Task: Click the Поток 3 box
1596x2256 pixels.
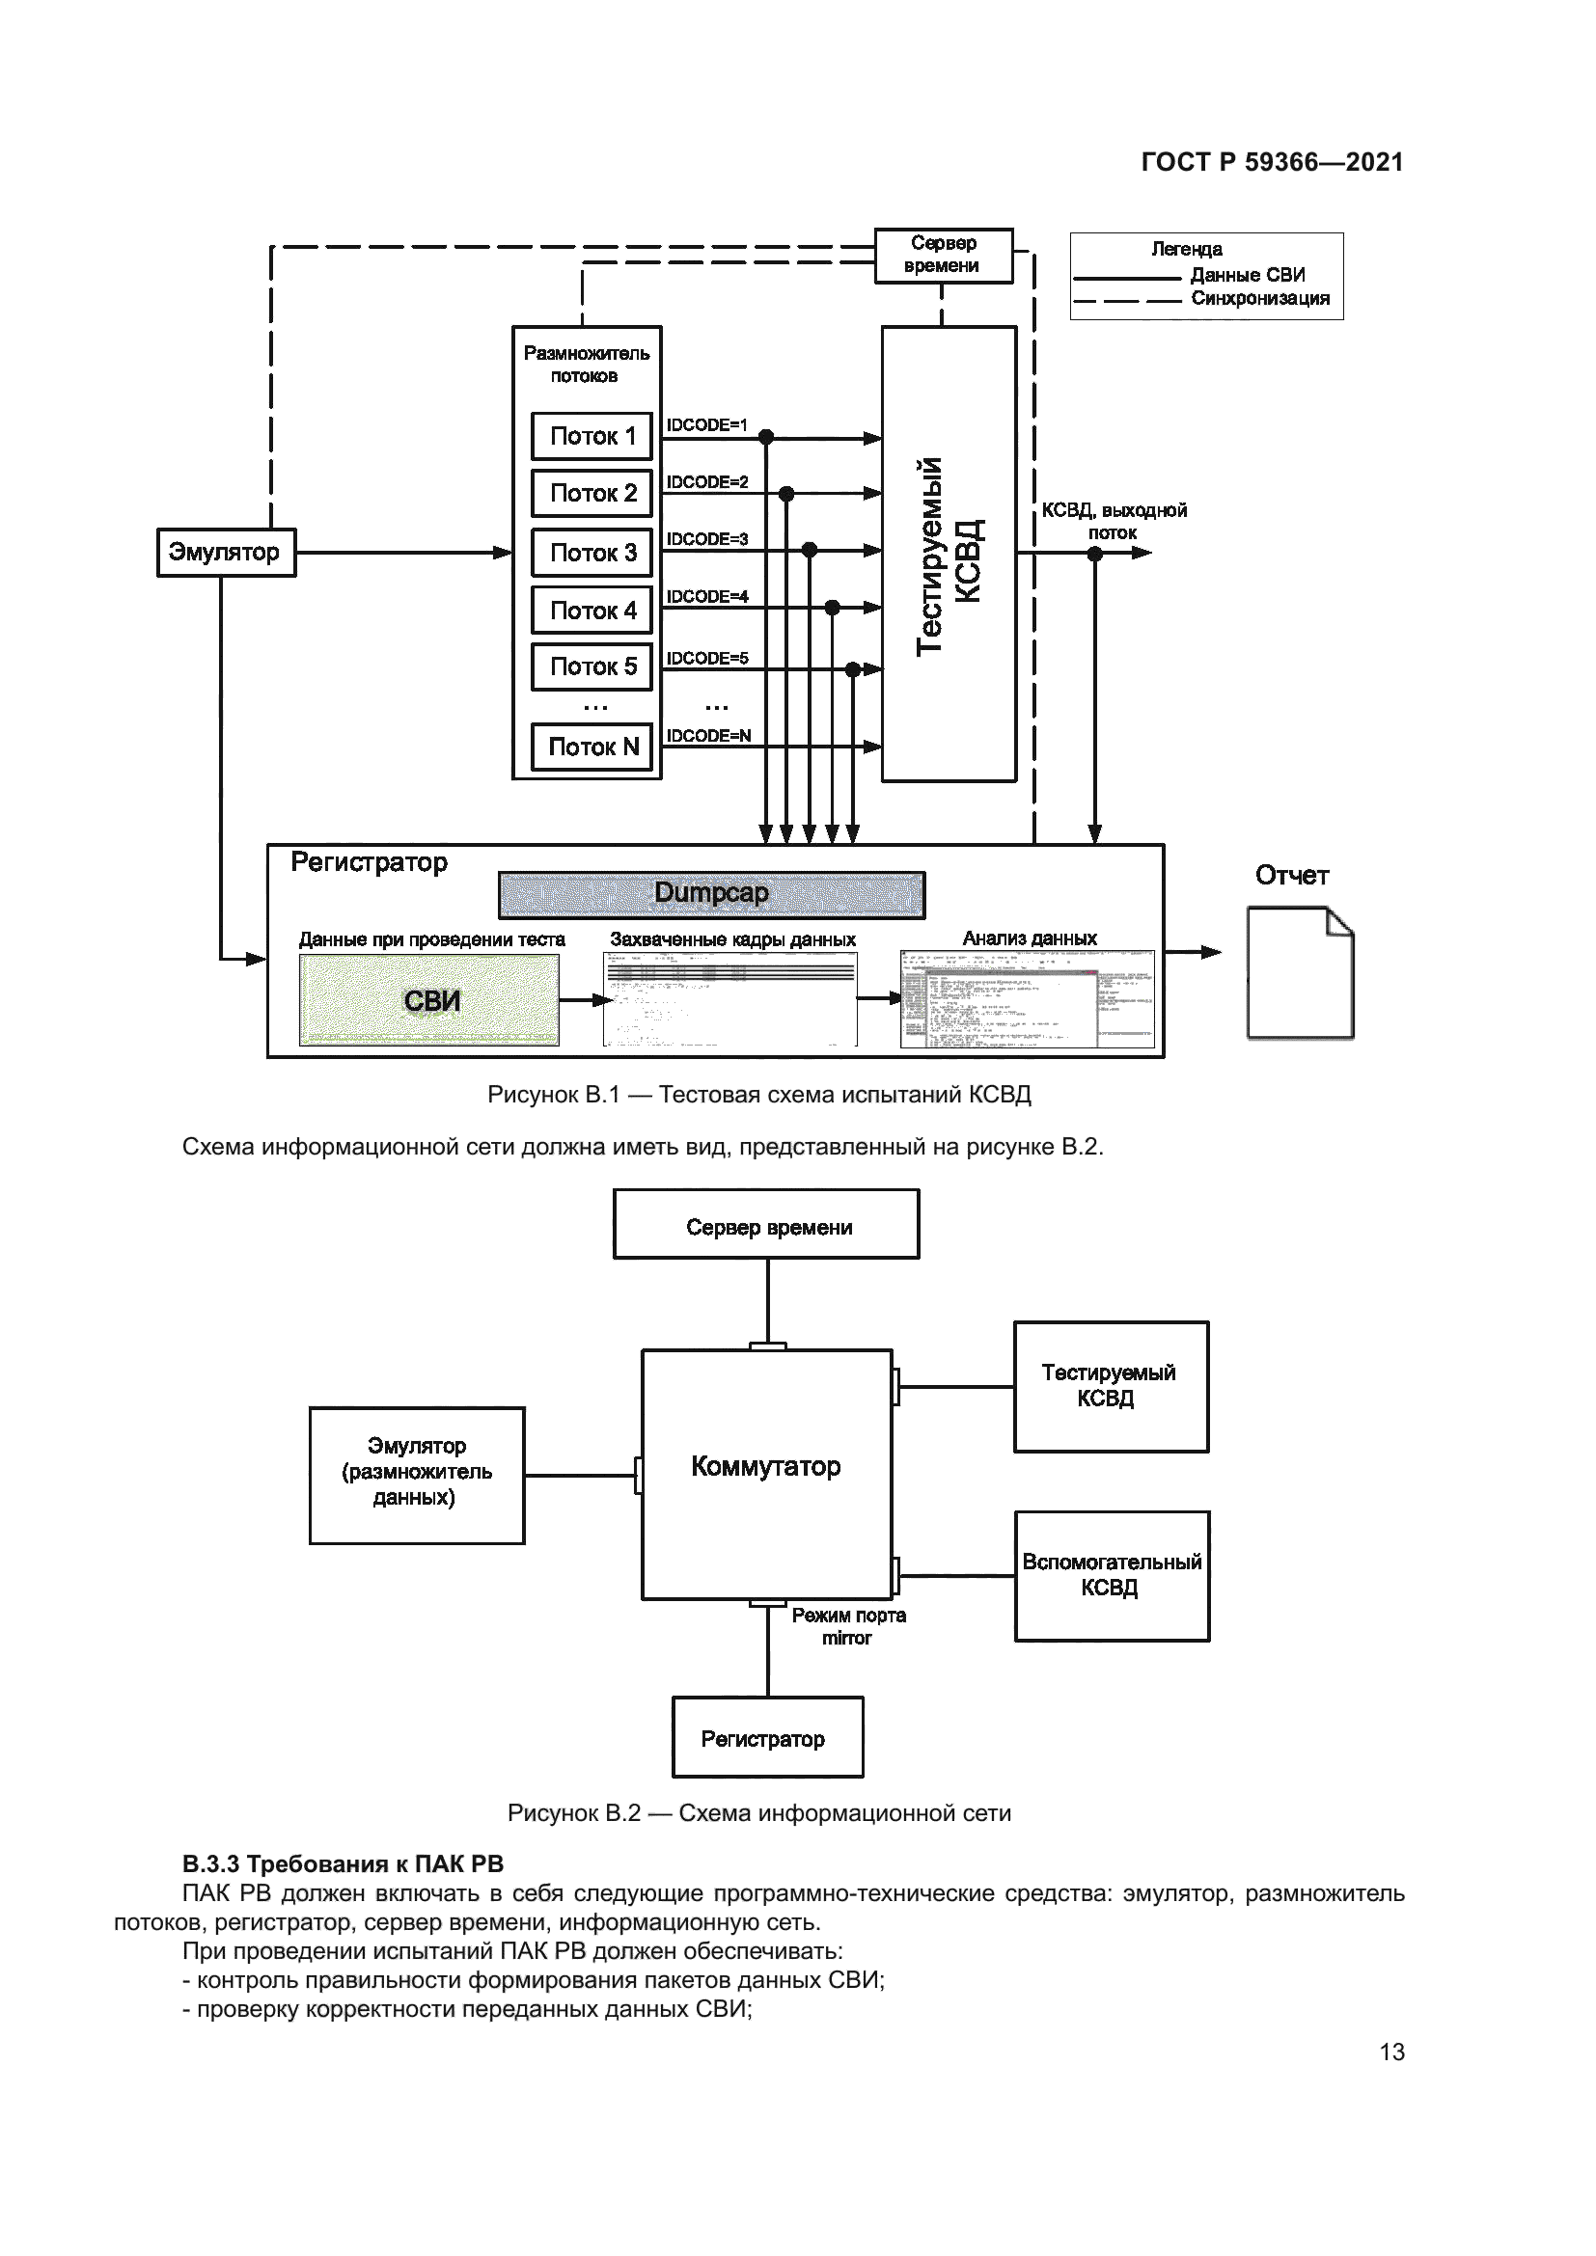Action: point(592,553)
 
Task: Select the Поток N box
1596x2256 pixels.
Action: point(592,747)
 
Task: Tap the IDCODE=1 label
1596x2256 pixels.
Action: point(706,424)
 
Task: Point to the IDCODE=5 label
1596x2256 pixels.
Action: point(706,658)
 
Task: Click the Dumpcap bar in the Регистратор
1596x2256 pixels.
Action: point(711,894)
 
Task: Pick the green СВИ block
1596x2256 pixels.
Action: point(429,1000)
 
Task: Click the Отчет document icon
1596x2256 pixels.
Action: point(1299,973)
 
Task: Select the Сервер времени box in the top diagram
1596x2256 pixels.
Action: point(944,255)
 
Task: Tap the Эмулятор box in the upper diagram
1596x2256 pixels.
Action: point(226,553)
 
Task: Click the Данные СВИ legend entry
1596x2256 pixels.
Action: point(1246,275)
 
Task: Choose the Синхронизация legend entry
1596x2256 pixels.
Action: point(1259,299)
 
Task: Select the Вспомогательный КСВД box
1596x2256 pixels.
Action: point(1112,1575)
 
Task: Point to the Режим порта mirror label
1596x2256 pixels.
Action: point(848,1626)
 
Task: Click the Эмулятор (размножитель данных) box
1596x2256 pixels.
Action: point(417,1475)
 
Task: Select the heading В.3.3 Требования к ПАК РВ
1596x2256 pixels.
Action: point(343,1865)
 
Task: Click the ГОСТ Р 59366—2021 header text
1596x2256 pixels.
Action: point(1272,162)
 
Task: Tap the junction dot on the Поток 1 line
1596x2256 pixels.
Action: point(766,437)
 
